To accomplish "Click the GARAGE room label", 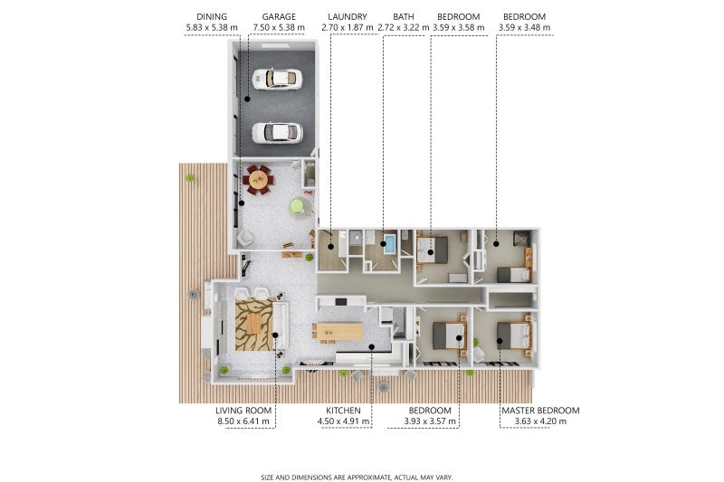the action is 279,17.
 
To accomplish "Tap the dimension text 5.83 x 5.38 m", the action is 212,28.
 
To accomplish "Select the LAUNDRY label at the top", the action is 348,17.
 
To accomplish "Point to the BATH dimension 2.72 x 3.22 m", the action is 404,28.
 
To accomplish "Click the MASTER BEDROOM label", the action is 540,411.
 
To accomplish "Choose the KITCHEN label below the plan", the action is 343,411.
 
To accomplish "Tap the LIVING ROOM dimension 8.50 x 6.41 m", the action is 243,421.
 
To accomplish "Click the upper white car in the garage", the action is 277,79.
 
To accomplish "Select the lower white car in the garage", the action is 277,132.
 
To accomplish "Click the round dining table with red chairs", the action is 258,179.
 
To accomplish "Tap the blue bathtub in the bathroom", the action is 390,244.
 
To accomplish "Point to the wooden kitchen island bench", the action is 339,332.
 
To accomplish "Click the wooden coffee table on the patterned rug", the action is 253,323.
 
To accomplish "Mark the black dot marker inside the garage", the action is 247,99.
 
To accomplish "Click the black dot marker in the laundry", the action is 331,247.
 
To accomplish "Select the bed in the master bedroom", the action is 513,336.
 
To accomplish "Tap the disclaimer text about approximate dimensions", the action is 357,477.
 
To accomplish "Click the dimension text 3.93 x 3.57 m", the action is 430,421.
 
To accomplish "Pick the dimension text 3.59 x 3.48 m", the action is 525,28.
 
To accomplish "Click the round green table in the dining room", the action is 298,205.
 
